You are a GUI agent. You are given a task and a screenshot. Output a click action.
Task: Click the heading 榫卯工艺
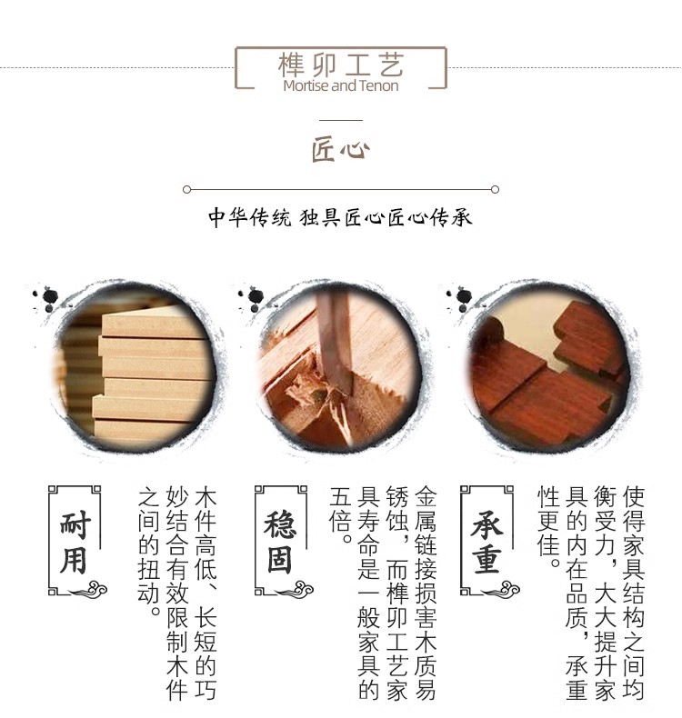(341, 65)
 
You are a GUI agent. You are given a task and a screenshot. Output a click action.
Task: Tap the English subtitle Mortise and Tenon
(341, 85)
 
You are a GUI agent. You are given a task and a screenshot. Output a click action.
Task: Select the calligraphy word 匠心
(341, 149)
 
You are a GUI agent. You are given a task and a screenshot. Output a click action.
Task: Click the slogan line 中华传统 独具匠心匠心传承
(340, 217)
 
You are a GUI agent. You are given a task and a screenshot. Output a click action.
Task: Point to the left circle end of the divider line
(186, 190)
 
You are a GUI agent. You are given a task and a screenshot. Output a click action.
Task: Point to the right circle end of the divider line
(495, 190)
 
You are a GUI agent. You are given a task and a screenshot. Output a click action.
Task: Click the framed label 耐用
(75, 541)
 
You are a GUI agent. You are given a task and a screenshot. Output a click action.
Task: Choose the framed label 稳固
(280, 541)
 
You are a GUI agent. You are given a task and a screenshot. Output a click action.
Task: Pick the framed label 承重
(486, 541)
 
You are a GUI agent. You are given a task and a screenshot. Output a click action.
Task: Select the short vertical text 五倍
(341, 515)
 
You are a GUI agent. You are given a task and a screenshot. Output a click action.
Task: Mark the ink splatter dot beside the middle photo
(256, 296)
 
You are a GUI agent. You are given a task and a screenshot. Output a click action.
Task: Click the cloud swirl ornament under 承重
(503, 589)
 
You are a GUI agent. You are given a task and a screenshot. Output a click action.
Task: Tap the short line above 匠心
(341, 121)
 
